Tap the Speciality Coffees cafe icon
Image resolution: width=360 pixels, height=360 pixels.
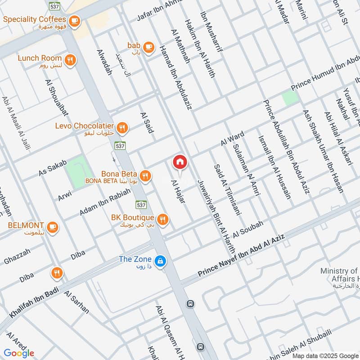[74, 20]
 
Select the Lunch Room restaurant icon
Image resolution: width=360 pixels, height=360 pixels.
[70, 59]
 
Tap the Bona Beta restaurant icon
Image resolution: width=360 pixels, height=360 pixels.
[144, 175]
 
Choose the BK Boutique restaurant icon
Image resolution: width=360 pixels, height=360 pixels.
[163, 219]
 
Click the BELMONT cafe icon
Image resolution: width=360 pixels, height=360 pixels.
[53, 226]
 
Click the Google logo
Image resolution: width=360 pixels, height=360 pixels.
[19, 353]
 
